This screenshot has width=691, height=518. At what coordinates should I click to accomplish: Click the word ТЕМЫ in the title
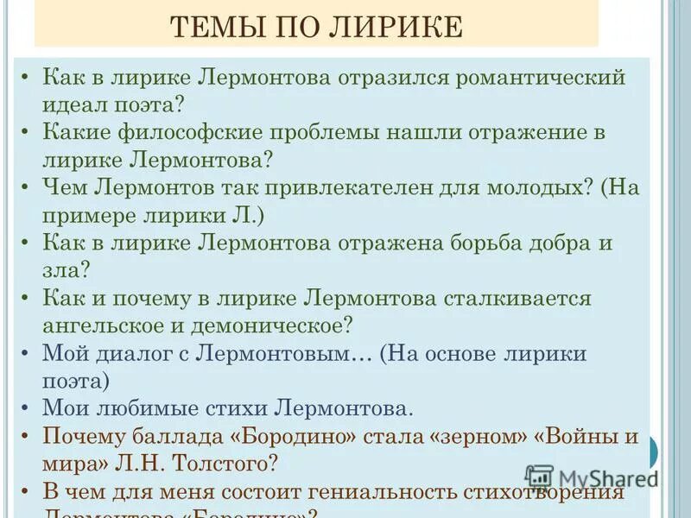212,28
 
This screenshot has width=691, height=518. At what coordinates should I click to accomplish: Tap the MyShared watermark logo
592,477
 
